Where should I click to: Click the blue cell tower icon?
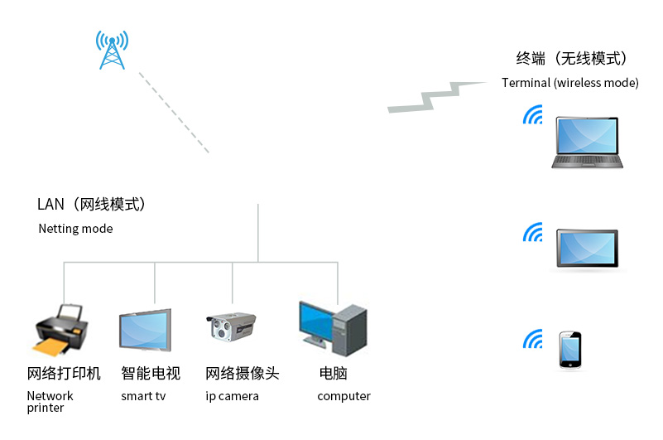click(112, 51)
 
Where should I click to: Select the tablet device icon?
click(586, 249)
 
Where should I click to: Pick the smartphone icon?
click(569, 351)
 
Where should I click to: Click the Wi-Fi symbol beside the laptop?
click(532, 115)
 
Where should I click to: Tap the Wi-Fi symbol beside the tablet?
click(532, 234)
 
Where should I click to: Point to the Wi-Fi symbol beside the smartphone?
click(532, 339)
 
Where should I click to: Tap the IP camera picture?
click(230, 326)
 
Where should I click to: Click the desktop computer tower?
click(350, 328)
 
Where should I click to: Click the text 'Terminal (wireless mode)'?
click(569, 83)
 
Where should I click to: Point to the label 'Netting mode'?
click(75, 229)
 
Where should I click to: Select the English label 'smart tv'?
click(143, 396)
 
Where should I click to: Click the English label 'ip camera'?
click(232, 396)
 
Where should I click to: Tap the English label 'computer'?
click(344, 396)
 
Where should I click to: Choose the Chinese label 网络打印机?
click(64, 374)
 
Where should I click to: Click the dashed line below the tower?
click(174, 113)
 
